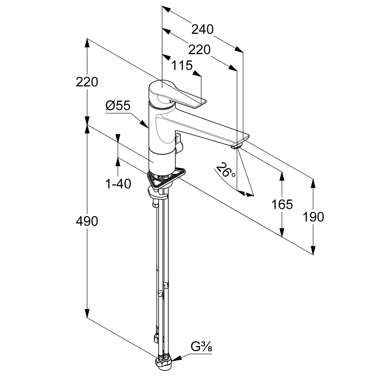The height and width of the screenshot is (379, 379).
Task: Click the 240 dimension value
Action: coord(202,30)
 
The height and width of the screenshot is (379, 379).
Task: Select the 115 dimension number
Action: coord(182,66)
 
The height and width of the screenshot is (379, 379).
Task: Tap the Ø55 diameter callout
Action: coord(118,106)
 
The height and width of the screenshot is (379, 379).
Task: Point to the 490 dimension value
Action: coord(87,221)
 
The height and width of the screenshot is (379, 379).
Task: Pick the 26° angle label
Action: coord(225,171)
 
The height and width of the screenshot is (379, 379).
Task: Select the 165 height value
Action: coord(282,204)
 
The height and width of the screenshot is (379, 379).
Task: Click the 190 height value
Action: coord(313,217)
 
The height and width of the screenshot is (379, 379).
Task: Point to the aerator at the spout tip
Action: coord(237,146)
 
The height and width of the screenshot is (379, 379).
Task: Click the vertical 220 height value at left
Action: coord(87,82)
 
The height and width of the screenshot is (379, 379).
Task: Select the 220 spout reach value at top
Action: coord(200,50)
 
